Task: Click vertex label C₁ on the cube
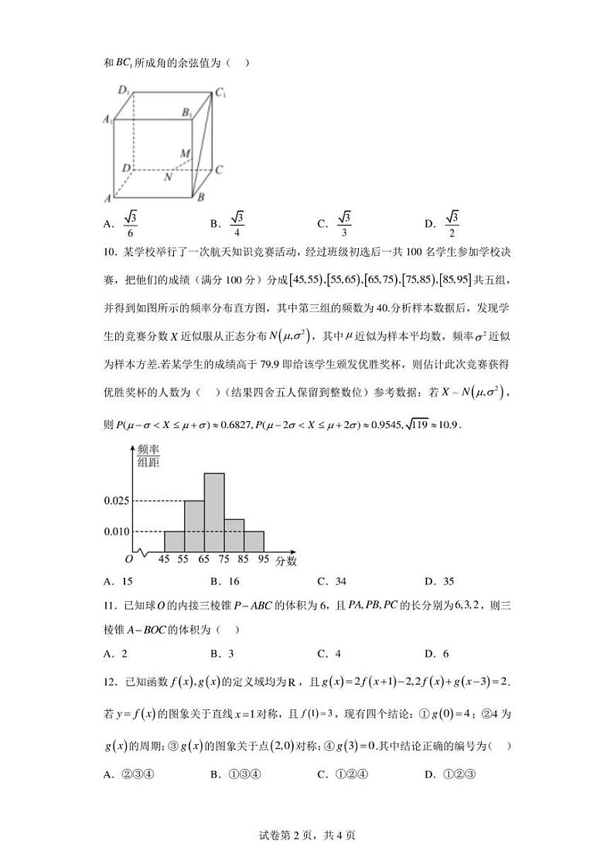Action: tap(220, 93)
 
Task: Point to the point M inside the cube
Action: tap(186, 154)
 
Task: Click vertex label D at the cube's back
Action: tap(125, 167)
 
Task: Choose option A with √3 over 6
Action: tap(121, 223)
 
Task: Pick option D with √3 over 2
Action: tap(444, 223)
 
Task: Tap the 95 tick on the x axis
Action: tap(264, 559)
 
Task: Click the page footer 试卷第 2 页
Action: tap(307, 835)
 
